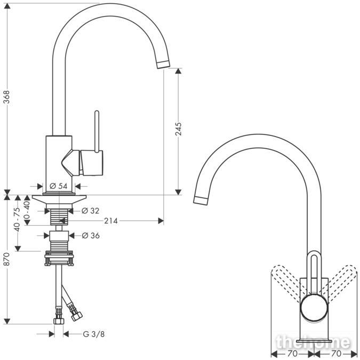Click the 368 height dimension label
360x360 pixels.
pyautogui.click(x=7, y=97)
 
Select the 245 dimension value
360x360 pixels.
pyautogui.click(x=178, y=129)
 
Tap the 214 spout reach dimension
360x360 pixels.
pyautogui.click(x=111, y=221)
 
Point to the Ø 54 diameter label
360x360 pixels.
pyautogui.click(x=59, y=186)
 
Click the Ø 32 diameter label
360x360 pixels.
pyautogui.click(x=91, y=211)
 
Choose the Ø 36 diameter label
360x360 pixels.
pyautogui.click(x=91, y=235)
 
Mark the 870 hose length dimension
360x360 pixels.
pyautogui.click(x=7, y=259)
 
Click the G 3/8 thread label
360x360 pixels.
pyautogui.click(x=94, y=334)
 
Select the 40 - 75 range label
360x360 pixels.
pyautogui.click(x=17, y=219)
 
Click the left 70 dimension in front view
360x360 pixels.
pyautogui.click(x=292, y=353)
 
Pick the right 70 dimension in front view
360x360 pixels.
pyautogui.click(x=336, y=353)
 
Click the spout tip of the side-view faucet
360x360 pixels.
pyautogui.click(x=164, y=64)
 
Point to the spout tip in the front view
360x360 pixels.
pyautogui.click(x=201, y=201)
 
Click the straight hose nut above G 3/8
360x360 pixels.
pyautogui.click(x=59, y=321)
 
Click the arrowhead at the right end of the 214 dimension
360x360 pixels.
pyautogui.click(x=161, y=221)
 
